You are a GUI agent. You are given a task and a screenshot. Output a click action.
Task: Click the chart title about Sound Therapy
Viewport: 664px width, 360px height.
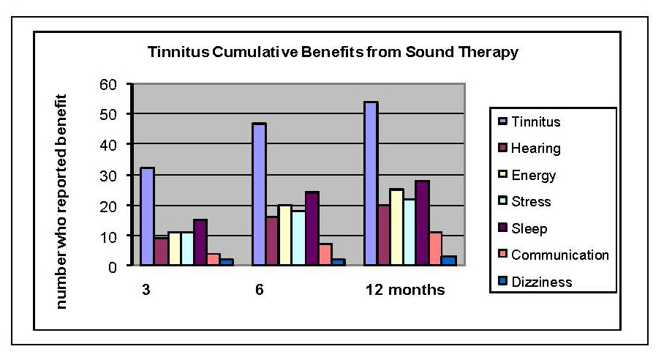[333, 53]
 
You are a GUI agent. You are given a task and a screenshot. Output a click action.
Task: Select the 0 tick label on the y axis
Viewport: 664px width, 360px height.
[113, 267]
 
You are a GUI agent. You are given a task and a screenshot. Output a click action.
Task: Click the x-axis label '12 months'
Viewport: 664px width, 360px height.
[404, 290]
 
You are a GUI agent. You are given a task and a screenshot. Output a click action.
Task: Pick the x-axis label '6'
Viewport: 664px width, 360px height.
[260, 290]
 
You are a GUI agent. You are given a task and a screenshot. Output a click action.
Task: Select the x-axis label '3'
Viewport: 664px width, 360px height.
[146, 290]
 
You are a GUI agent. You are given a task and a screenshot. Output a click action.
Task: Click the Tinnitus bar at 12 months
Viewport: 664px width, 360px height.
[371, 184]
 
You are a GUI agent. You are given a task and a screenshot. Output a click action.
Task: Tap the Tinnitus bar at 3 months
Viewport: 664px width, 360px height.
[147, 217]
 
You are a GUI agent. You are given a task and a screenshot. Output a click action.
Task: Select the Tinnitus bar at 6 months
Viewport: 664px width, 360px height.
[259, 195]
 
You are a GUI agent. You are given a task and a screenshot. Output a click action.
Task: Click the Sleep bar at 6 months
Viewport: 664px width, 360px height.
[312, 229]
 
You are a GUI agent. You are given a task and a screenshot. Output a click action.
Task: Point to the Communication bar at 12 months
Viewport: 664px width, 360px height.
[436, 250]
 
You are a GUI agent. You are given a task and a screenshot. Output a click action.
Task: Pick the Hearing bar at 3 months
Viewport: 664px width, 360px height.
[160, 252]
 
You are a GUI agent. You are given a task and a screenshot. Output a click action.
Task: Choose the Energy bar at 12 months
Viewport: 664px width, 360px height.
[397, 228]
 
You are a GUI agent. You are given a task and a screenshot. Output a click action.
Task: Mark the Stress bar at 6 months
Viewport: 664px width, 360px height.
[298, 239]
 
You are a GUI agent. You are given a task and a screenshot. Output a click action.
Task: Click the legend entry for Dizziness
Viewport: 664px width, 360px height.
[542, 282]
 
